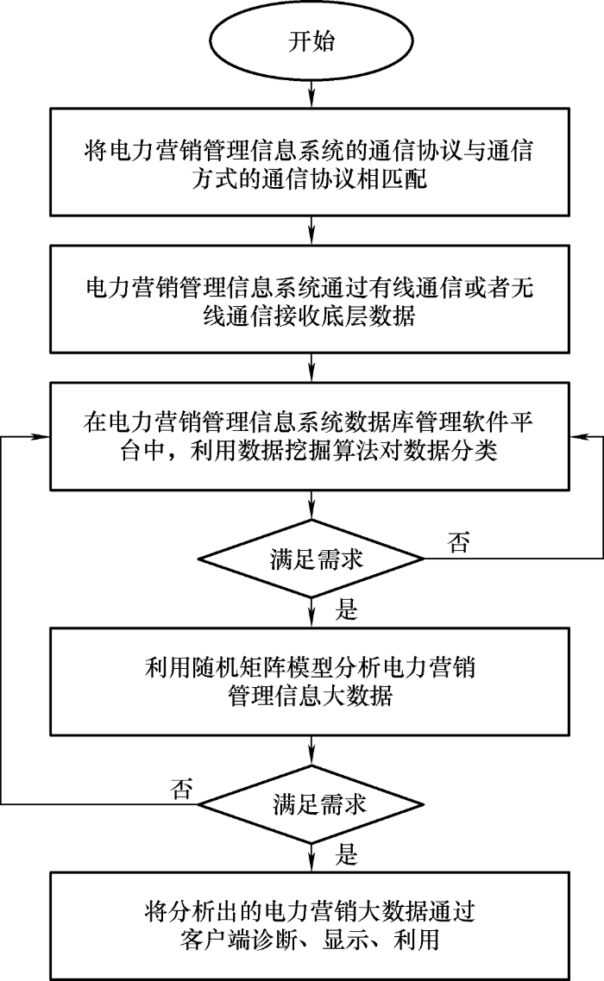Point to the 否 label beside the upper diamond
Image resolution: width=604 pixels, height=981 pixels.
[x=460, y=544]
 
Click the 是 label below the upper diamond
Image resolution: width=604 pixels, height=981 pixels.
[x=346, y=611]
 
